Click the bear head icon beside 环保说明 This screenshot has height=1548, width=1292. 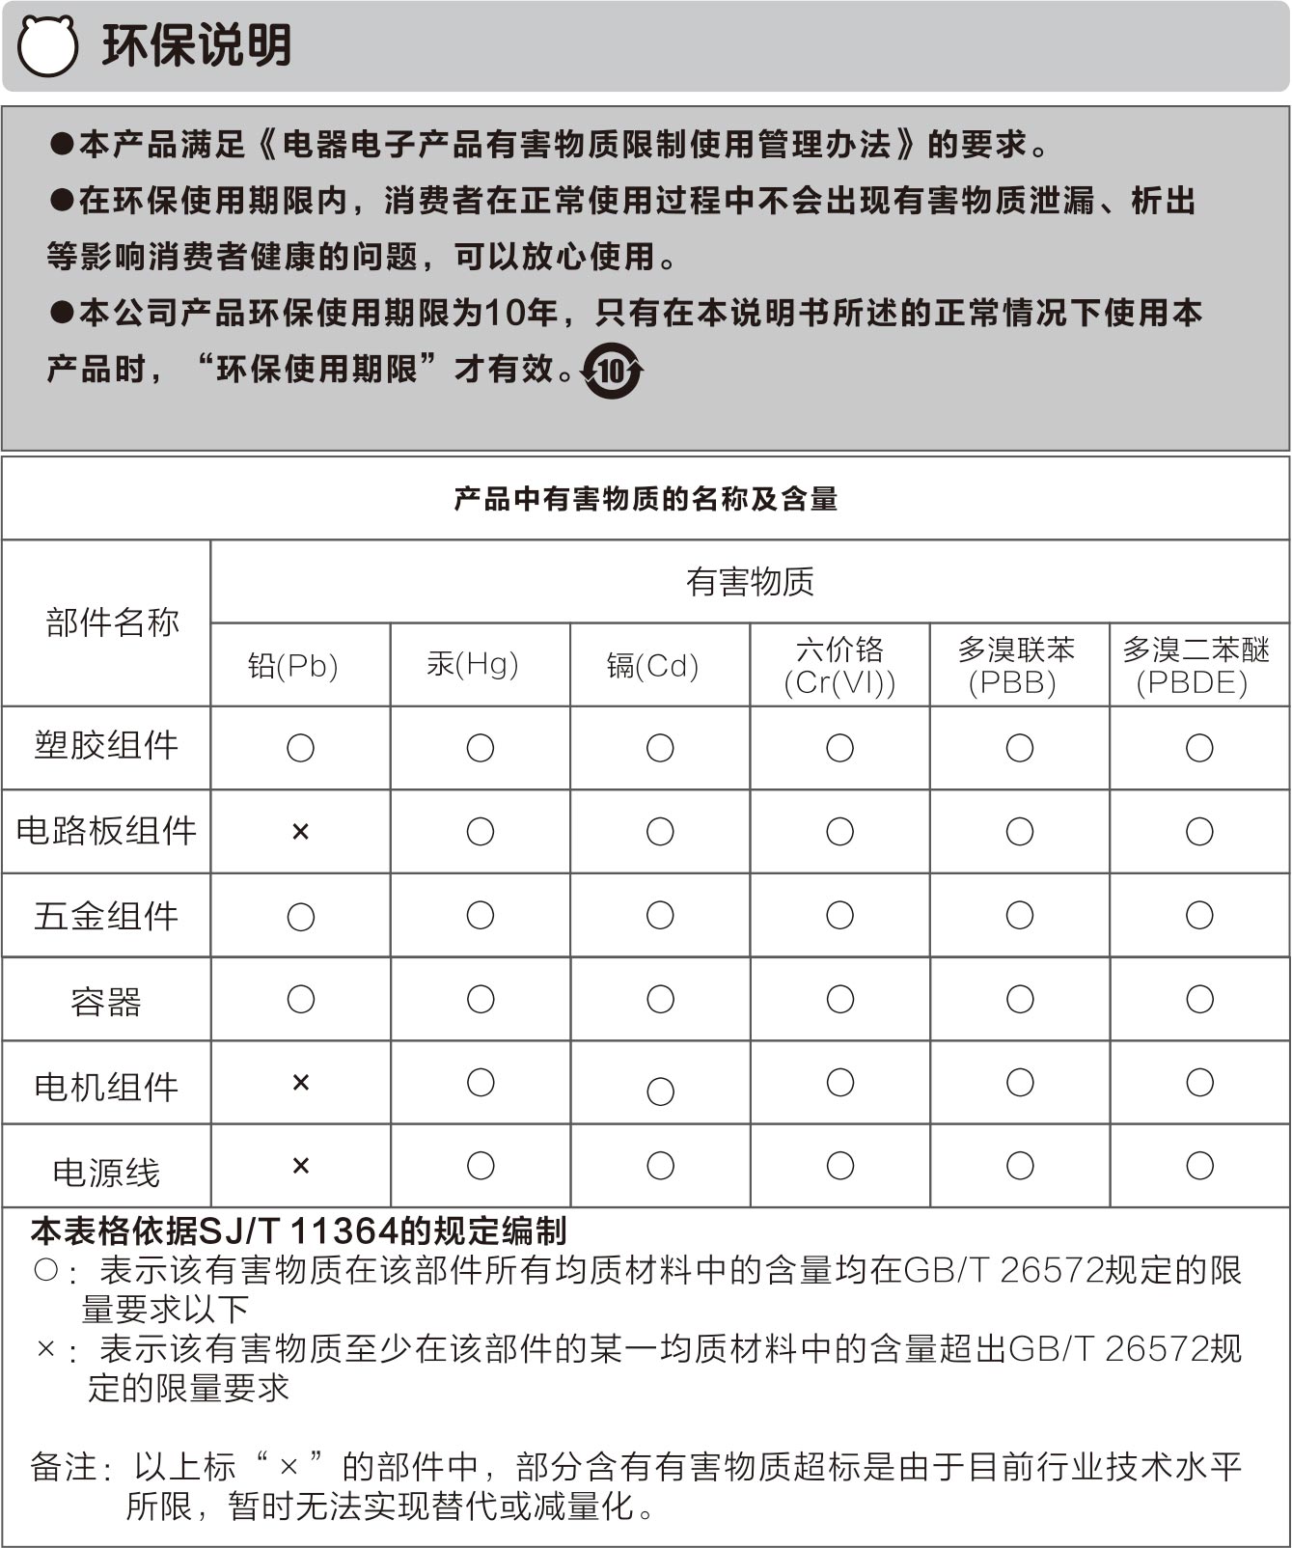coord(47,45)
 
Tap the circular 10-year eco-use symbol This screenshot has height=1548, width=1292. coord(612,371)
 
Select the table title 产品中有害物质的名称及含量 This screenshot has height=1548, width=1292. coord(646,499)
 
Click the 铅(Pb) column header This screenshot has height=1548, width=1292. coord(293,666)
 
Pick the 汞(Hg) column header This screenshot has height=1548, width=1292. coord(473,664)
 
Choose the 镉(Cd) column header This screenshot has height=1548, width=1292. coord(652,666)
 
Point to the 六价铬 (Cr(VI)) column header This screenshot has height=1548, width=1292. coord(839,666)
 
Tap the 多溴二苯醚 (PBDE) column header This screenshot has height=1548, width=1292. coord(1196,666)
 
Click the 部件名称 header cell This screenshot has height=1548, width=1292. coord(112,622)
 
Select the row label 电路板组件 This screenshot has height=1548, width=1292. coord(106,831)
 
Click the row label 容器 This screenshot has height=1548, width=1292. coord(106,1002)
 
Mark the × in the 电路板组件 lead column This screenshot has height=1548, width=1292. coord(300,832)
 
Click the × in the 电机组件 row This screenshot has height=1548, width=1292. coord(300,1083)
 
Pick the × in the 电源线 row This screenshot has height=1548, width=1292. coord(300,1166)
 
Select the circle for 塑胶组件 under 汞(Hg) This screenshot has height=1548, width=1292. coord(481,748)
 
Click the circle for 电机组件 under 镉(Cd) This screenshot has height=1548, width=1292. coord(660,1092)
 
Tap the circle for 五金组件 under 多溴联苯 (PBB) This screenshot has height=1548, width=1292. coord(1020,915)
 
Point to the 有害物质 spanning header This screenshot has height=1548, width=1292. coord(750,582)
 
